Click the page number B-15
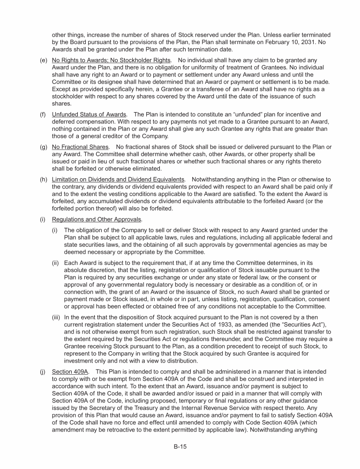tap(180, 447)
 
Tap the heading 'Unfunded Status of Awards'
tap(89, 114)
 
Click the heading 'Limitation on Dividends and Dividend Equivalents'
tap(118, 180)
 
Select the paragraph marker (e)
tap(43, 61)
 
